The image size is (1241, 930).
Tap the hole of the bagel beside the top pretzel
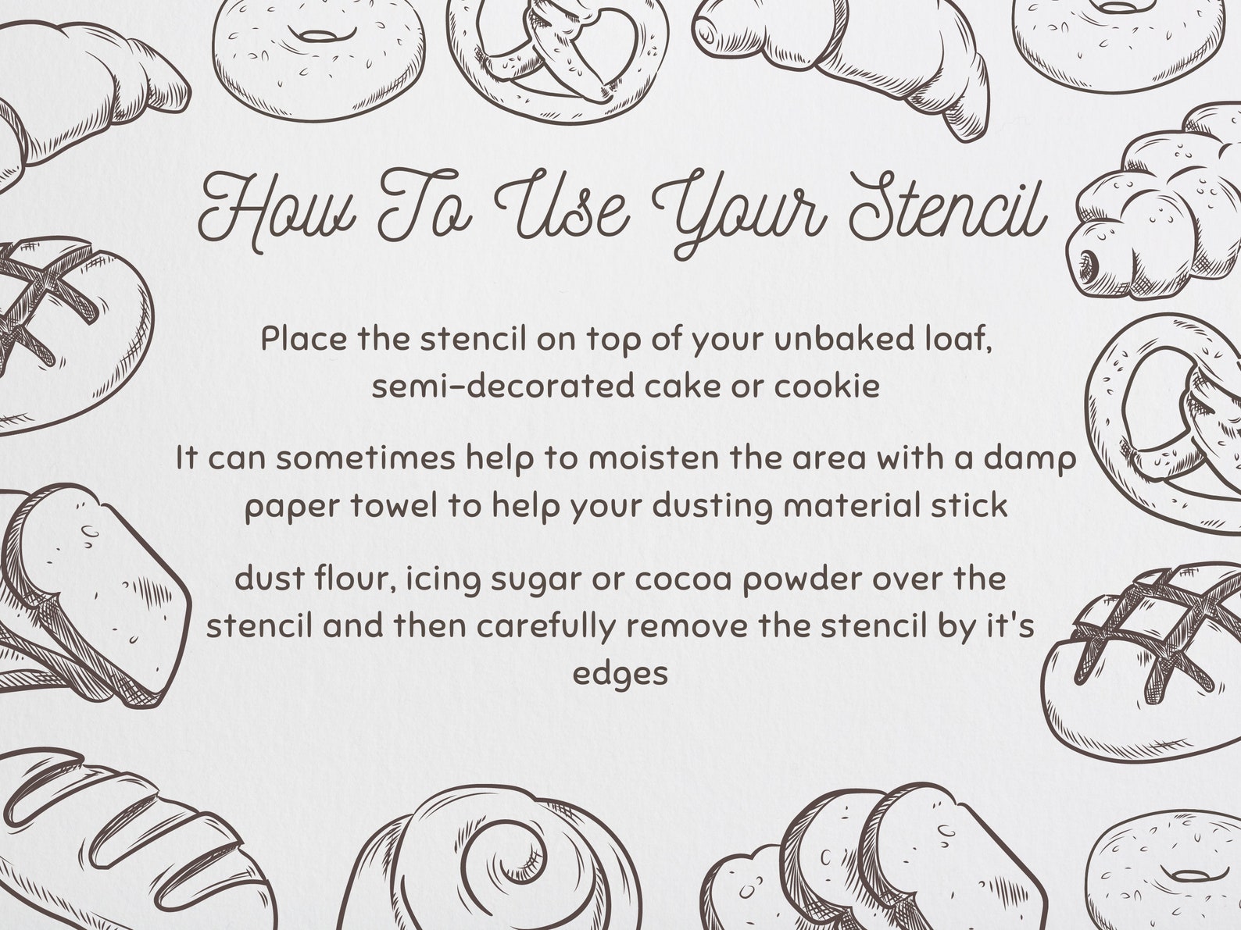(x=317, y=36)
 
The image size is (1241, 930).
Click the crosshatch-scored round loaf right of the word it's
(x=1141, y=664)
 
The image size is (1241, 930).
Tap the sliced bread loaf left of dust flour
(x=90, y=593)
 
